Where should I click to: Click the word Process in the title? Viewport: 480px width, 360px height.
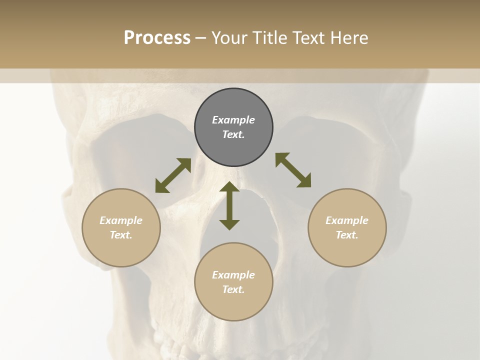tap(157, 38)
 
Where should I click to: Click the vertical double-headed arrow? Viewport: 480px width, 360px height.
tap(229, 205)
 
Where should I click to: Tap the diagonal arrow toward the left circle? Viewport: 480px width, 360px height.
tap(173, 175)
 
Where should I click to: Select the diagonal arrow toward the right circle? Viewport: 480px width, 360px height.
tap(293, 170)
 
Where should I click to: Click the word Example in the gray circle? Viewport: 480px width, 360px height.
tap(233, 120)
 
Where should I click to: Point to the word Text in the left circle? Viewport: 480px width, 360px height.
tap(121, 235)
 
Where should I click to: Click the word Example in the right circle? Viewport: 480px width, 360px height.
tap(347, 220)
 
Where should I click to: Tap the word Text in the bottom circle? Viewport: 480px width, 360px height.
tap(233, 289)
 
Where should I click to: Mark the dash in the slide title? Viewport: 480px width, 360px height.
tap(201, 38)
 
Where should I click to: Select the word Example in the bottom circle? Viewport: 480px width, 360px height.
tap(233, 275)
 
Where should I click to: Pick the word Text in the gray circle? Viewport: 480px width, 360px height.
tap(233, 134)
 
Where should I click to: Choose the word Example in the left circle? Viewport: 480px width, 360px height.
tap(121, 220)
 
